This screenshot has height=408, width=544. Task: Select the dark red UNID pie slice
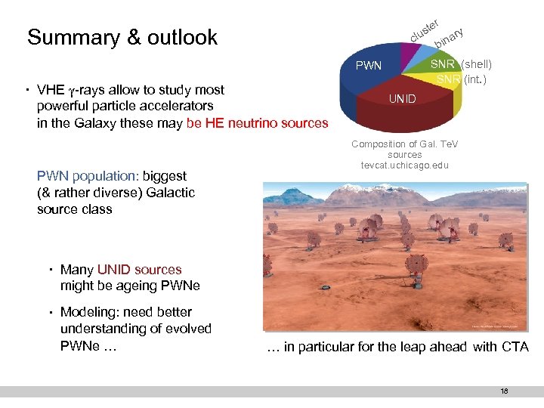(x=408, y=110)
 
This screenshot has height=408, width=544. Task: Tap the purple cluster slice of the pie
(x=412, y=53)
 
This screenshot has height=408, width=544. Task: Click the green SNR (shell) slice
(x=443, y=65)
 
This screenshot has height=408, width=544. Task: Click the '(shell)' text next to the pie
(x=476, y=65)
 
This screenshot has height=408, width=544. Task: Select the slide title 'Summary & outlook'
(x=122, y=38)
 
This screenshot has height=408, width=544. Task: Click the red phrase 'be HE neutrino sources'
(x=257, y=123)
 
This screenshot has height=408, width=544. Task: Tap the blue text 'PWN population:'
(x=84, y=176)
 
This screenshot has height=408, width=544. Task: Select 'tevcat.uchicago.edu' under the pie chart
(x=404, y=165)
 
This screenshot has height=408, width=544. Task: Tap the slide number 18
(x=503, y=391)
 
